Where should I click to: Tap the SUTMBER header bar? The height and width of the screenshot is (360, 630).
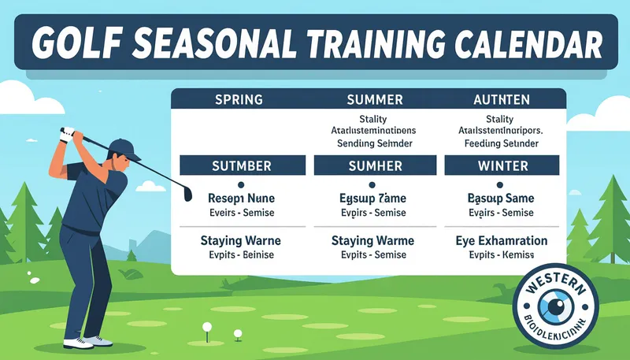(243, 166)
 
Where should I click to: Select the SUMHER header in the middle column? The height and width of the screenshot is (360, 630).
(376, 166)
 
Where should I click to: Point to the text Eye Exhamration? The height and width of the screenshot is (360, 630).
(502, 239)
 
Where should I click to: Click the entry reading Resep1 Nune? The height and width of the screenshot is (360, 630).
(242, 199)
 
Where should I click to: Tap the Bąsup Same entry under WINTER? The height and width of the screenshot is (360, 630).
(502, 199)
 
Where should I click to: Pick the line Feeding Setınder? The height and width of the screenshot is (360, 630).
(502, 144)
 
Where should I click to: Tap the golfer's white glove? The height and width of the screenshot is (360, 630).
(69, 133)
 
